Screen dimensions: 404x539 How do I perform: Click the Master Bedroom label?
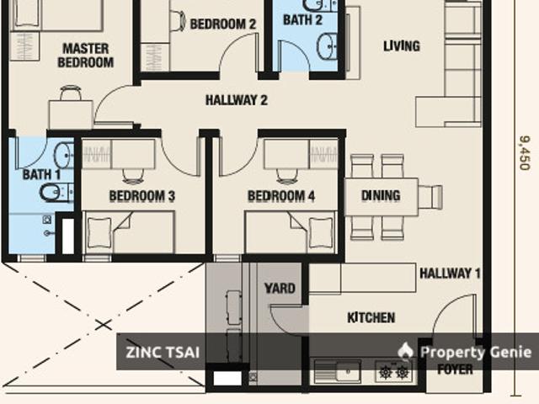[x=86, y=56]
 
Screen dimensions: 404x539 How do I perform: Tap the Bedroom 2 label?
[x=223, y=24]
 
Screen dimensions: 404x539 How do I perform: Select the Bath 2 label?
[x=302, y=19]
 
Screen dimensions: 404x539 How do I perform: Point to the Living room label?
[x=401, y=45]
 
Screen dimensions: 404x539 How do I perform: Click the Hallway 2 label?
[x=236, y=100]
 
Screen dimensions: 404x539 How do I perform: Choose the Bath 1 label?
[x=41, y=174]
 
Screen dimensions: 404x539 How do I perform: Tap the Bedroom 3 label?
[x=141, y=196]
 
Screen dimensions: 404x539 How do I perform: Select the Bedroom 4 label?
[x=280, y=196]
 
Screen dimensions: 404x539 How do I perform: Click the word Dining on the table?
[x=381, y=196]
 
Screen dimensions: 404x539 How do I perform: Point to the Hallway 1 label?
[x=451, y=273]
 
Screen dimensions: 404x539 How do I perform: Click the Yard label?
[x=280, y=289]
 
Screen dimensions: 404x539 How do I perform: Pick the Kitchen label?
[x=371, y=317]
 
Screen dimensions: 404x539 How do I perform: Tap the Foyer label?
[x=456, y=369]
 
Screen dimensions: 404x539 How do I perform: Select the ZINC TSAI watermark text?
[x=164, y=352]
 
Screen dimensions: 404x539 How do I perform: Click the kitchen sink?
[x=337, y=370]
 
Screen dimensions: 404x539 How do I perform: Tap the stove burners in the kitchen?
[x=393, y=370]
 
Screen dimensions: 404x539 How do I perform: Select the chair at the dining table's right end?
[x=430, y=197]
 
